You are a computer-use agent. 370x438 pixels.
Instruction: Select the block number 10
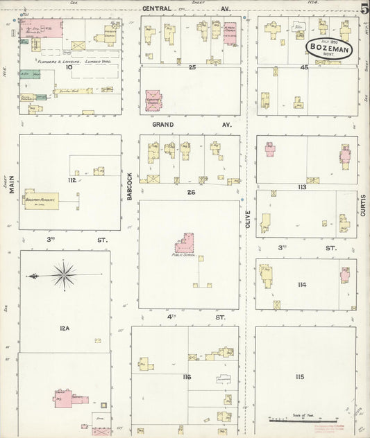coord(69,68)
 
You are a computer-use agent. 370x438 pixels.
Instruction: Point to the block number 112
coord(71,181)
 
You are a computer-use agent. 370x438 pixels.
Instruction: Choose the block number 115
coord(300,376)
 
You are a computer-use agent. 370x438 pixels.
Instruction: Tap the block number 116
coord(186,377)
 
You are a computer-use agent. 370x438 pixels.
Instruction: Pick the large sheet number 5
coord(364,10)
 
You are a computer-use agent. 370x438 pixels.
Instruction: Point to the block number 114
coord(301,285)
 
